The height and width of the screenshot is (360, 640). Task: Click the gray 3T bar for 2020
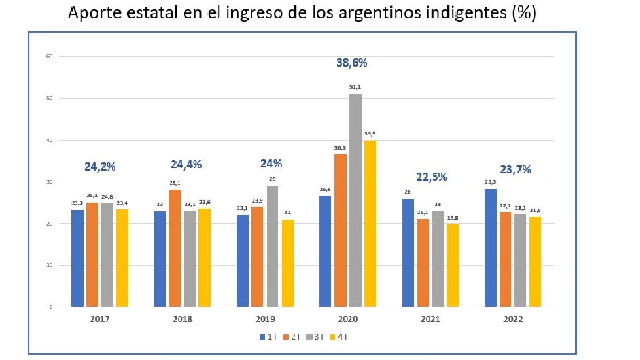[x=355, y=200]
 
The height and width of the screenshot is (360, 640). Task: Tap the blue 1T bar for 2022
[x=491, y=247]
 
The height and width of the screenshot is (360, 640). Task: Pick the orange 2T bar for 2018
[x=175, y=248]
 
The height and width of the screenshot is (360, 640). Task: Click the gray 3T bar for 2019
[x=273, y=246]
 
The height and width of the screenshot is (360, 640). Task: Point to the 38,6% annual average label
[x=352, y=62]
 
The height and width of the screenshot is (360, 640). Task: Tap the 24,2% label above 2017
[x=100, y=166]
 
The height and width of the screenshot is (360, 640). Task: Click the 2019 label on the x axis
[x=265, y=319]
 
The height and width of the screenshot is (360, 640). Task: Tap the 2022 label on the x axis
[x=513, y=319]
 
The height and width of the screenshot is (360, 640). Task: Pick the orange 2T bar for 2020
[x=340, y=230]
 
